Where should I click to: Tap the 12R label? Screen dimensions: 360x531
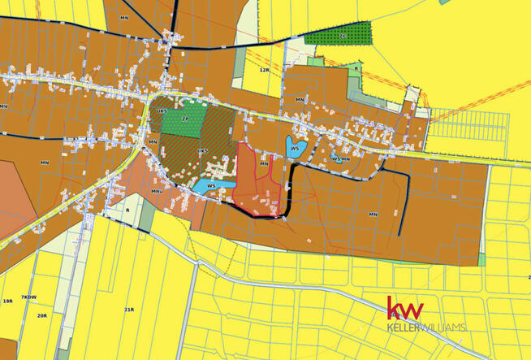pyautogui.click(x=264, y=70)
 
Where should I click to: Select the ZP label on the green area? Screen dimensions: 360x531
pyautogui.click(x=185, y=119)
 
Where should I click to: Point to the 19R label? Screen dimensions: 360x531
pyautogui.click(x=7, y=301)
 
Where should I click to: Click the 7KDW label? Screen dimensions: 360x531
pyautogui.click(x=30, y=297)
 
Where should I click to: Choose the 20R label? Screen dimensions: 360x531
pyautogui.click(x=41, y=315)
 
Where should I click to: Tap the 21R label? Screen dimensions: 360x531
pyautogui.click(x=129, y=310)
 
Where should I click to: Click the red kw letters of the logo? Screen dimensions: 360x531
pyautogui.click(x=405, y=310)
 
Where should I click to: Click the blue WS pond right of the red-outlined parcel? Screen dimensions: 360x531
pyautogui.click(x=295, y=149)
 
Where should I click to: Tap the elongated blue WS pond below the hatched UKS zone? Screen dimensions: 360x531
pyautogui.click(x=210, y=187)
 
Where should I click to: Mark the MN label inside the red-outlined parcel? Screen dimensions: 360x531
pyautogui.click(x=264, y=164)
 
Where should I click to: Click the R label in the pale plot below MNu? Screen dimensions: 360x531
pyautogui.click(x=127, y=210)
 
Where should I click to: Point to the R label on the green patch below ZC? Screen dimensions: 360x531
pyautogui.click(x=356, y=69)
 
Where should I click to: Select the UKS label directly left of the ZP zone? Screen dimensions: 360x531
pyautogui.click(x=162, y=111)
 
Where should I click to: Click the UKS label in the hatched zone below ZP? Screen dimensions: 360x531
pyautogui.click(x=202, y=151)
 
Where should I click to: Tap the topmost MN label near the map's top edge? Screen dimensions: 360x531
pyautogui.click(x=124, y=17)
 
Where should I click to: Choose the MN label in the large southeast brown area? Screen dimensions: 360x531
pyautogui.click(x=373, y=215)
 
